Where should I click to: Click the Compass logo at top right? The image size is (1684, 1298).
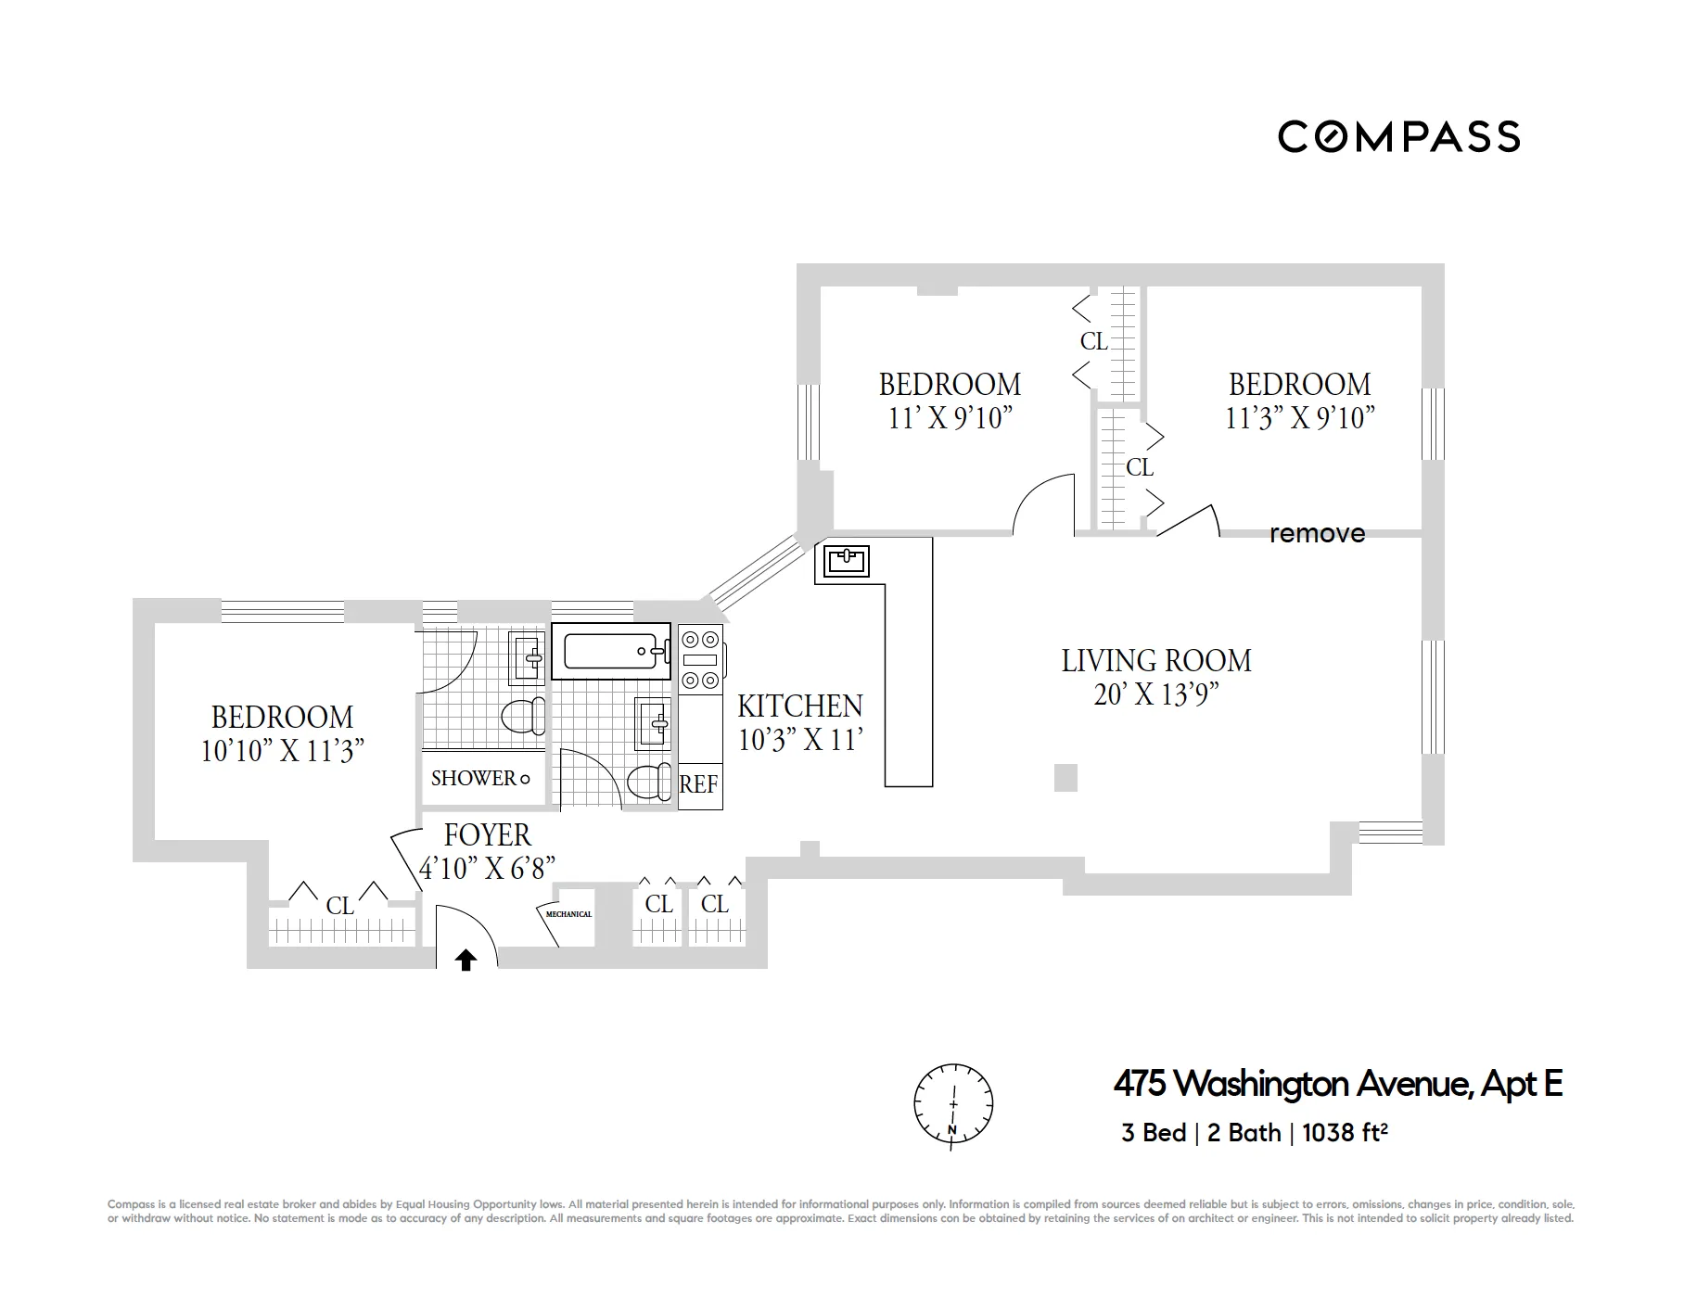pos(1398,137)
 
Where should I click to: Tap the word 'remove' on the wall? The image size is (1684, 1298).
pos(1317,533)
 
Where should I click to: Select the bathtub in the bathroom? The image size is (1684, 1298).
pos(611,652)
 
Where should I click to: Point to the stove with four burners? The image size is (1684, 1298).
pos(700,659)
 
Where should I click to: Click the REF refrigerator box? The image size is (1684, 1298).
pos(699,785)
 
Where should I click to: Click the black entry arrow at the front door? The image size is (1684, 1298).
pos(466,960)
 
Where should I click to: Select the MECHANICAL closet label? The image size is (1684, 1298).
pos(568,914)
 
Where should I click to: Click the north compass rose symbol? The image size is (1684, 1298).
pos(953,1105)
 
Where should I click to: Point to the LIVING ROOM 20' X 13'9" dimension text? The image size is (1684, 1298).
pos(1155,694)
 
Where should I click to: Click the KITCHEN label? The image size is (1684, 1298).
pos(799,706)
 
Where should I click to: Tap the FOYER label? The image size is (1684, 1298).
pos(487,835)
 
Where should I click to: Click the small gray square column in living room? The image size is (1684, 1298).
pos(1065,778)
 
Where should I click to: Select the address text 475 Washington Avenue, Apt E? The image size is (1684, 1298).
pos(1337,1083)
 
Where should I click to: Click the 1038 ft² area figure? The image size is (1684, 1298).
pos(1344,1133)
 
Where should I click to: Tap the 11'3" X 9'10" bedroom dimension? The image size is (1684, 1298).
pos(1299,418)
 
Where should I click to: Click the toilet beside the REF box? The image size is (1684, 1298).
pos(649,782)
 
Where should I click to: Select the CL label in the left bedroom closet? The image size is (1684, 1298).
pos(339,905)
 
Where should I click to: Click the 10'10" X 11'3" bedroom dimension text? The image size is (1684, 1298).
pos(282,751)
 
